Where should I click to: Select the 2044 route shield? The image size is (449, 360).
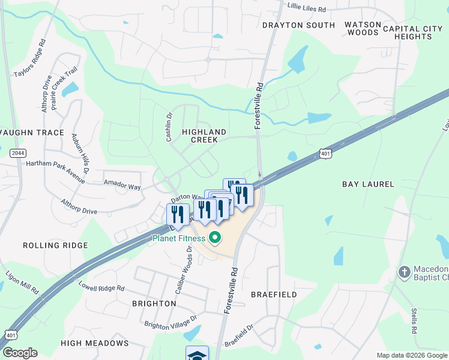18,154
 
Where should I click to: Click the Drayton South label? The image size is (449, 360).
298,25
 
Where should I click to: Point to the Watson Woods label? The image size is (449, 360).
363,28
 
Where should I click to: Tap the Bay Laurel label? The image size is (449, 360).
368,184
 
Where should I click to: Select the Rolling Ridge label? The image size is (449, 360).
55,245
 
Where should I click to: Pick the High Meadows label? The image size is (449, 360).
94,343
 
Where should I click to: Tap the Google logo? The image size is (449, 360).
20,353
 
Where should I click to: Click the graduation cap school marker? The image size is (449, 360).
197,353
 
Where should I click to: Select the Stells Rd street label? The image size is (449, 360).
414,321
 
